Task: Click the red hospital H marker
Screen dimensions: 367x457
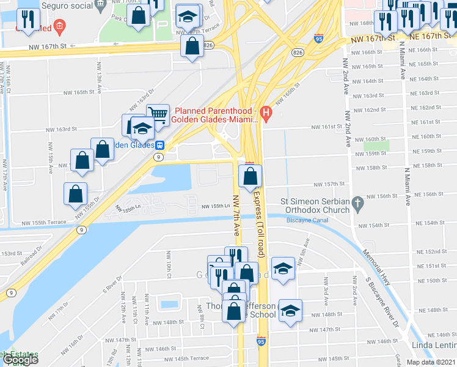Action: (265, 113)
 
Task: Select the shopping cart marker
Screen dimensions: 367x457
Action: (158, 113)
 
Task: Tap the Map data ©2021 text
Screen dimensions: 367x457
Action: (431, 362)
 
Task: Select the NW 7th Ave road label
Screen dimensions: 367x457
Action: (236, 215)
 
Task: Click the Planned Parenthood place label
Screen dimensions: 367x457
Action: (216, 115)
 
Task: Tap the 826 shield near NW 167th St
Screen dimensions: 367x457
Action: (208, 45)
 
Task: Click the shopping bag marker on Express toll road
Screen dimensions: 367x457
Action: (250, 176)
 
